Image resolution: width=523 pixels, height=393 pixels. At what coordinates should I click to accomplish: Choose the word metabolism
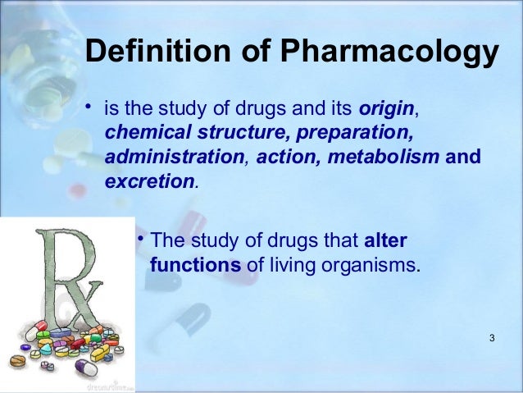(387, 157)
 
